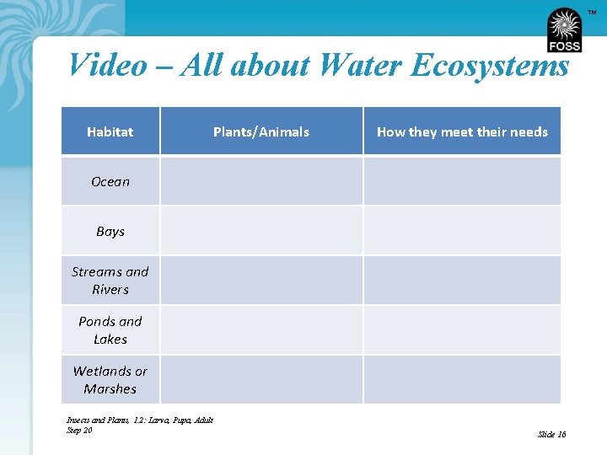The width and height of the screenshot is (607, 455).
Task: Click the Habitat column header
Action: tap(110, 131)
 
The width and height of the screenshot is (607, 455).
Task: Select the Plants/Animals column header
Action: tap(261, 131)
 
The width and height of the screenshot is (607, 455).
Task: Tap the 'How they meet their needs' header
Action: tap(462, 131)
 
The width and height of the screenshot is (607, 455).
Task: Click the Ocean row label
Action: tap(110, 181)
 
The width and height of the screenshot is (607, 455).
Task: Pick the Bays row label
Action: tap(110, 231)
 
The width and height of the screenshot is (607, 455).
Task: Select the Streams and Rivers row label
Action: tap(110, 281)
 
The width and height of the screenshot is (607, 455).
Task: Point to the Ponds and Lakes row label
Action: tap(110, 330)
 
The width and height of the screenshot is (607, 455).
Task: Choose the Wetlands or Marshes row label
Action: tap(110, 380)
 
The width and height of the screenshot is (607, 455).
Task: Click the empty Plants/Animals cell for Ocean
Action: tap(261, 181)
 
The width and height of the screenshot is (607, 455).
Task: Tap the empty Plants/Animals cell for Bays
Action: tap(261, 231)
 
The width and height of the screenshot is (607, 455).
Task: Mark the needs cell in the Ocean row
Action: tap(462, 181)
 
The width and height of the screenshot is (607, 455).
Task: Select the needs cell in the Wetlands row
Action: tap(462, 380)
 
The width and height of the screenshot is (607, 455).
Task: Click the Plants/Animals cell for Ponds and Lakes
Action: tap(261, 330)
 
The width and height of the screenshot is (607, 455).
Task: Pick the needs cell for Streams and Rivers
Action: tap(462, 281)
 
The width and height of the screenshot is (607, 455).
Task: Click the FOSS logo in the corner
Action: tap(564, 30)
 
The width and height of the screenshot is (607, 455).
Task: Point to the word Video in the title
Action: tap(107, 65)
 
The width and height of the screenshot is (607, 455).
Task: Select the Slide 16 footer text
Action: tap(552, 434)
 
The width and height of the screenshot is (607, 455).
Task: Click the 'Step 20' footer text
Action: tap(79, 430)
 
